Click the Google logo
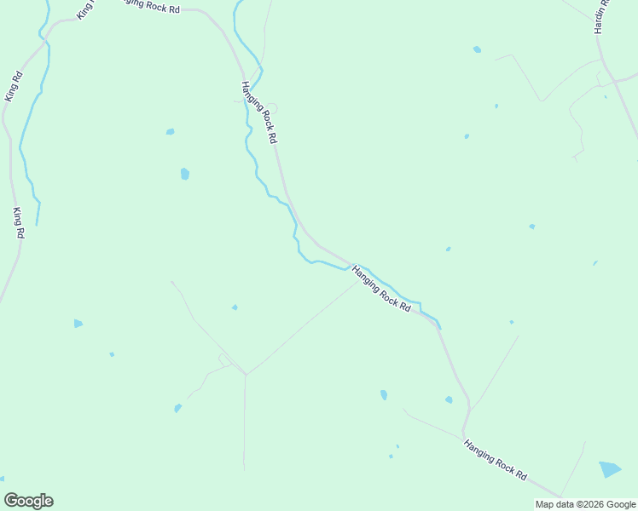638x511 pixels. (x=28, y=501)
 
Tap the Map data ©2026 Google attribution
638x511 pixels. (x=585, y=504)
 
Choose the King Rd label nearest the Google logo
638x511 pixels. (x=18, y=221)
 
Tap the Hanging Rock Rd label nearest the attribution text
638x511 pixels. (x=496, y=460)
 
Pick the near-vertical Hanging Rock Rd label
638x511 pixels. (x=259, y=112)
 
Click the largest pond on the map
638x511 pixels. (x=610, y=468)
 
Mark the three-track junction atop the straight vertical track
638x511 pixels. (x=246, y=375)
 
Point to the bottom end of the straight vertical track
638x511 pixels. (x=244, y=468)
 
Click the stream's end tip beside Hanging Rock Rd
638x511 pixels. (x=439, y=328)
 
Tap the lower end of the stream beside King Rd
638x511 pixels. (x=37, y=225)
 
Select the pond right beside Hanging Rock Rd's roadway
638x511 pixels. (x=449, y=399)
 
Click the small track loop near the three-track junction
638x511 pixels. (x=224, y=359)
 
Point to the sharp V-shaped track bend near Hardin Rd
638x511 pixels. (x=539, y=100)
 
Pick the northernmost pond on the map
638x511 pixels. (x=477, y=49)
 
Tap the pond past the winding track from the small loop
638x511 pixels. (x=177, y=409)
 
